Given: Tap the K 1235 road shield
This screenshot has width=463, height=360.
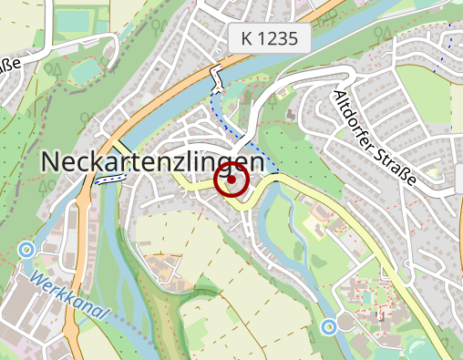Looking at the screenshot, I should (x=271, y=38).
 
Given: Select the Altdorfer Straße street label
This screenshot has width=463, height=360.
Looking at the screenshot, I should (x=375, y=139).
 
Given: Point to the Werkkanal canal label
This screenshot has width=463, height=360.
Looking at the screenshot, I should (x=68, y=294).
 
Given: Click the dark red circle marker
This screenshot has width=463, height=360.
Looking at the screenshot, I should (x=231, y=180).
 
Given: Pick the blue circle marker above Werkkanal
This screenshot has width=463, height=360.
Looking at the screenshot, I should (x=26, y=249).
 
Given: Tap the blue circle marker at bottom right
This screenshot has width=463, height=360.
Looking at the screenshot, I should (x=329, y=325).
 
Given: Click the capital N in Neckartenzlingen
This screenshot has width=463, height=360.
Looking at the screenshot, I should (x=52, y=161).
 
